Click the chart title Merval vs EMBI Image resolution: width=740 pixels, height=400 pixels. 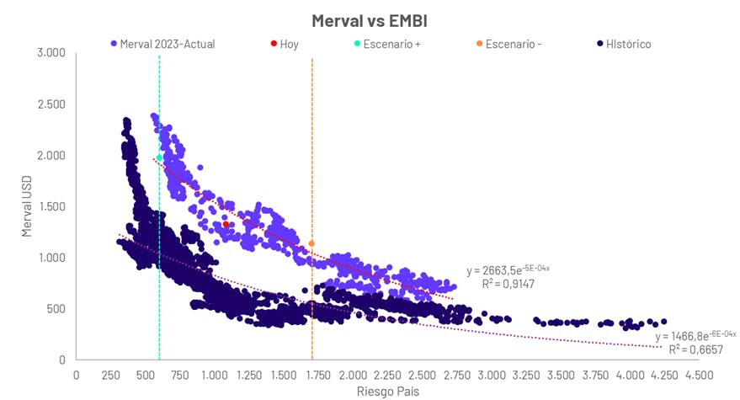(x=370, y=19)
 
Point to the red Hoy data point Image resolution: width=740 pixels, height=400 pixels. (x=226, y=224)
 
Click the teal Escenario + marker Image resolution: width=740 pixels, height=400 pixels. (x=159, y=157)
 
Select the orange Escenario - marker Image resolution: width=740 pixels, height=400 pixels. (x=311, y=243)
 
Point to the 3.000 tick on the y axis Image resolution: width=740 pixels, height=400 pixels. (x=51, y=53)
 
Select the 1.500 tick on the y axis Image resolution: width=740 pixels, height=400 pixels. (x=51, y=206)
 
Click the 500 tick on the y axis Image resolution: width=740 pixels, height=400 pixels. (x=56, y=309)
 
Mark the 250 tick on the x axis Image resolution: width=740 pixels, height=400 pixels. (x=110, y=375)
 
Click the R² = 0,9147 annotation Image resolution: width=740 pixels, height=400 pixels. (x=508, y=285)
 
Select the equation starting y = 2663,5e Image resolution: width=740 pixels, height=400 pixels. (x=508, y=270)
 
